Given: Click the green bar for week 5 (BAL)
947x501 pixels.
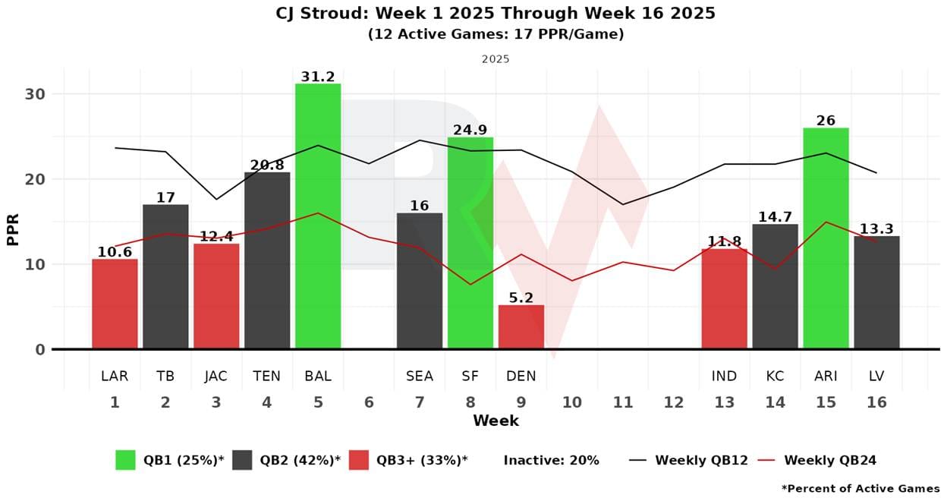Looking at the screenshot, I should [318, 216].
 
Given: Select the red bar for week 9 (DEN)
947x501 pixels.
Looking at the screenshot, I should [521, 327].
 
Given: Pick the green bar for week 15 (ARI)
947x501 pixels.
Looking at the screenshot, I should [826, 238].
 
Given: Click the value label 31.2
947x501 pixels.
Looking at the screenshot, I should [318, 76].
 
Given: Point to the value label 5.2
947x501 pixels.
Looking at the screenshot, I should [521, 298].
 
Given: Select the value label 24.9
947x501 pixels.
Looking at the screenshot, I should [470, 130].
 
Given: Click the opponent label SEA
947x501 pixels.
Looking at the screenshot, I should [420, 377].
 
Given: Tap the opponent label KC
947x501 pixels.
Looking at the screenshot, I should [775, 377].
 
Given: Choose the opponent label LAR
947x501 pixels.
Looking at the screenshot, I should [115, 377].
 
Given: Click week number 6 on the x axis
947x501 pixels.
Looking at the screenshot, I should [369, 402].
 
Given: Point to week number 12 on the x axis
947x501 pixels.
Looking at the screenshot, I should [674, 402].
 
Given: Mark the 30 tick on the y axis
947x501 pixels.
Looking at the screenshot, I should [36, 94].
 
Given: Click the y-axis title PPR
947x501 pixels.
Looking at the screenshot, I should [13, 228].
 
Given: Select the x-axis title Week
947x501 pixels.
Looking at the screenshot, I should [496, 421].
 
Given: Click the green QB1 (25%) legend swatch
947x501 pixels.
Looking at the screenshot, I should [125, 460].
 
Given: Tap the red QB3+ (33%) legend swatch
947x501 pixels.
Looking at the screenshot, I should [358, 460].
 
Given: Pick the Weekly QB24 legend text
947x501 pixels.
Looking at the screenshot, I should [830, 460].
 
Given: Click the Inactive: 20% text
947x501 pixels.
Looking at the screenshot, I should [551, 460].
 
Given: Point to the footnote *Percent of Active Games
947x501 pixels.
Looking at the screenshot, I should [860, 489].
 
